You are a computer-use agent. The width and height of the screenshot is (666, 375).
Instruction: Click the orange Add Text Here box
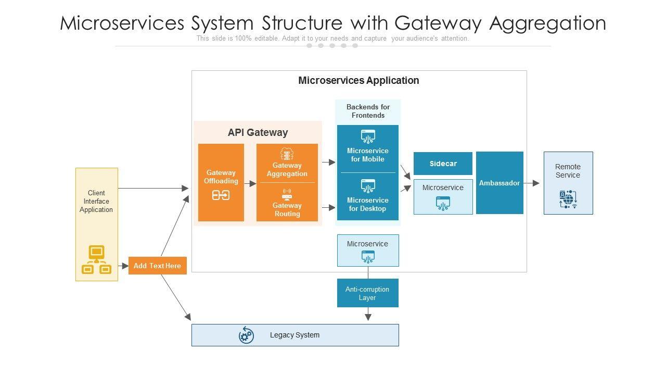(x=157, y=266)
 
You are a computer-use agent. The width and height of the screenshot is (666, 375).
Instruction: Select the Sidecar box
(x=443, y=164)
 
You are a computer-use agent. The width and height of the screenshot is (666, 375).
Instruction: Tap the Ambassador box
(x=499, y=183)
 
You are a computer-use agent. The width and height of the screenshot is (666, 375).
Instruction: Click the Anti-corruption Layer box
(x=367, y=293)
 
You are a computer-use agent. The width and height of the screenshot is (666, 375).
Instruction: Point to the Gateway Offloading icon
(x=221, y=195)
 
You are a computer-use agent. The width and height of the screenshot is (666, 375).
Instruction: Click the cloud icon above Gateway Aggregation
(x=287, y=154)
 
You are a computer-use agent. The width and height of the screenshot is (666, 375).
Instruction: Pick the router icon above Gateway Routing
(x=287, y=194)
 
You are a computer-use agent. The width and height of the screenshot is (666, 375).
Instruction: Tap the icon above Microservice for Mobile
(x=368, y=136)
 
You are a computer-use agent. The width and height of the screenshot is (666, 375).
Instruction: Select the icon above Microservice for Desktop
(x=368, y=186)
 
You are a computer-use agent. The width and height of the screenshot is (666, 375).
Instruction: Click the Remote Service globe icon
(x=568, y=199)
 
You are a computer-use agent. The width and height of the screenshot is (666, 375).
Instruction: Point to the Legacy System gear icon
(x=246, y=335)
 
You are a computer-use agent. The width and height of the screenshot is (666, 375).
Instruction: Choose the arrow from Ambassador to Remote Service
(x=532, y=183)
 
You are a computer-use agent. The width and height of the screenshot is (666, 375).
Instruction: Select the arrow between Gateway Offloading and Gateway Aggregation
(x=250, y=183)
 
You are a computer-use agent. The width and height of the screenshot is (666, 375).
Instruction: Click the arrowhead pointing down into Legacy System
(x=368, y=317)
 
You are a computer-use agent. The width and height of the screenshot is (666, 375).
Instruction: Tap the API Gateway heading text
(x=258, y=132)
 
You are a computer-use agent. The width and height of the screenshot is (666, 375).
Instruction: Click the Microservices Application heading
(x=358, y=80)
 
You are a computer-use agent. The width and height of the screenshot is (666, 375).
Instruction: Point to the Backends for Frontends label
(x=368, y=111)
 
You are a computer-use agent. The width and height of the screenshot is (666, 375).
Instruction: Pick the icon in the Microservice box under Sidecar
(x=443, y=203)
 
